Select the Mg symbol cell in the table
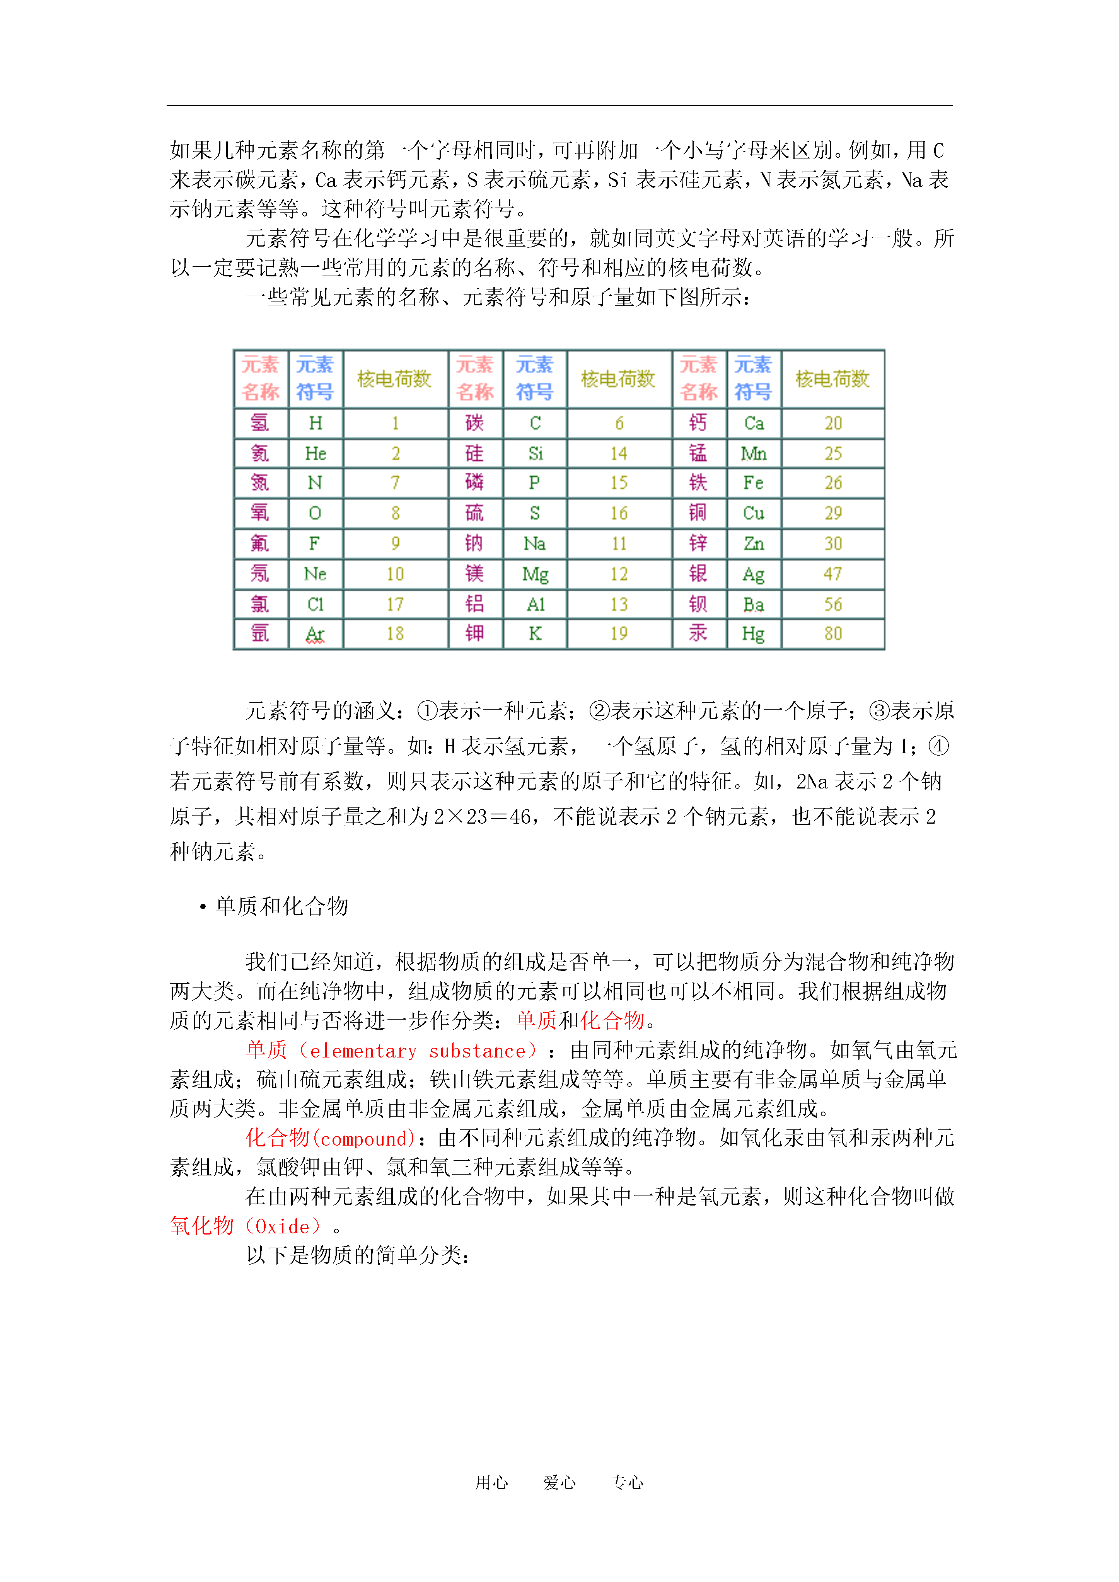535,574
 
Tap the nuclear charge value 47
833,574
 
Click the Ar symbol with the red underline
315,634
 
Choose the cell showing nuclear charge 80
833,634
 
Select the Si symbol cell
535,453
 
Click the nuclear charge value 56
833,604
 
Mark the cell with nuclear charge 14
618,453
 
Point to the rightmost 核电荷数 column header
833,379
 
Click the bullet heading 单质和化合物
281,906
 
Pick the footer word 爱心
559,1483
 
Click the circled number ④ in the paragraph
938,746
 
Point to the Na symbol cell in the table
535,544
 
